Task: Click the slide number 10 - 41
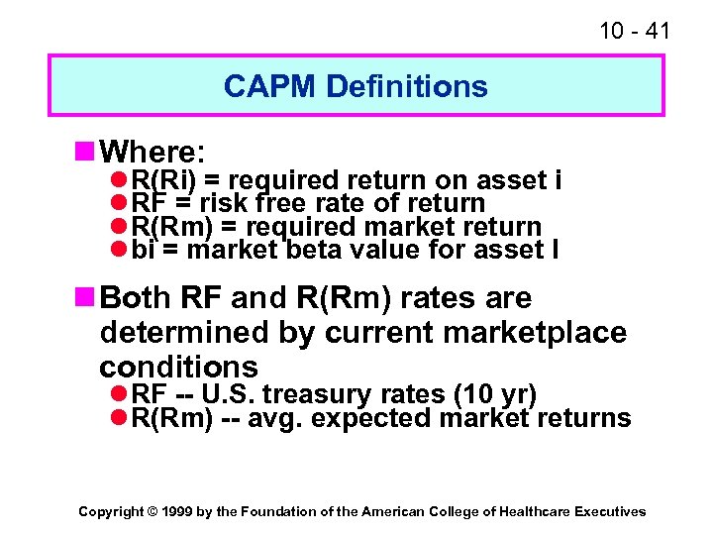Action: tap(635, 31)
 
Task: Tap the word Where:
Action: tap(153, 152)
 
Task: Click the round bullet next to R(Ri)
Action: tap(118, 180)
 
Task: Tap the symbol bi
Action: tap(144, 251)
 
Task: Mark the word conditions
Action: tap(178, 366)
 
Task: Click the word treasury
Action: tap(325, 395)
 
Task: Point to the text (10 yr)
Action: tap(493, 395)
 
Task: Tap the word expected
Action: tap(371, 419)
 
